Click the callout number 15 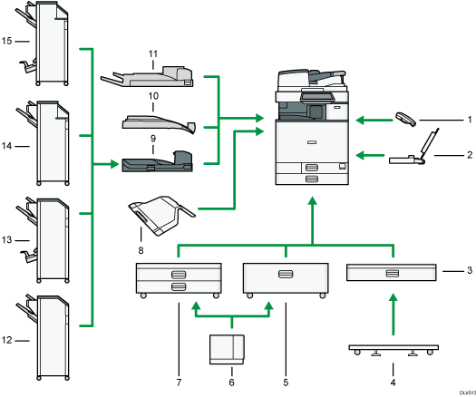pyautogui.click(x=7, y=41)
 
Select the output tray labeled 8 pyautogui.click(x=161, y=215)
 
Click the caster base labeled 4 pyautogui.click(x=393, y=349)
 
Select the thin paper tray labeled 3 pyautogui.click(x=393, y=272)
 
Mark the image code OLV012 pyautogui.click(x=461, y=389)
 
